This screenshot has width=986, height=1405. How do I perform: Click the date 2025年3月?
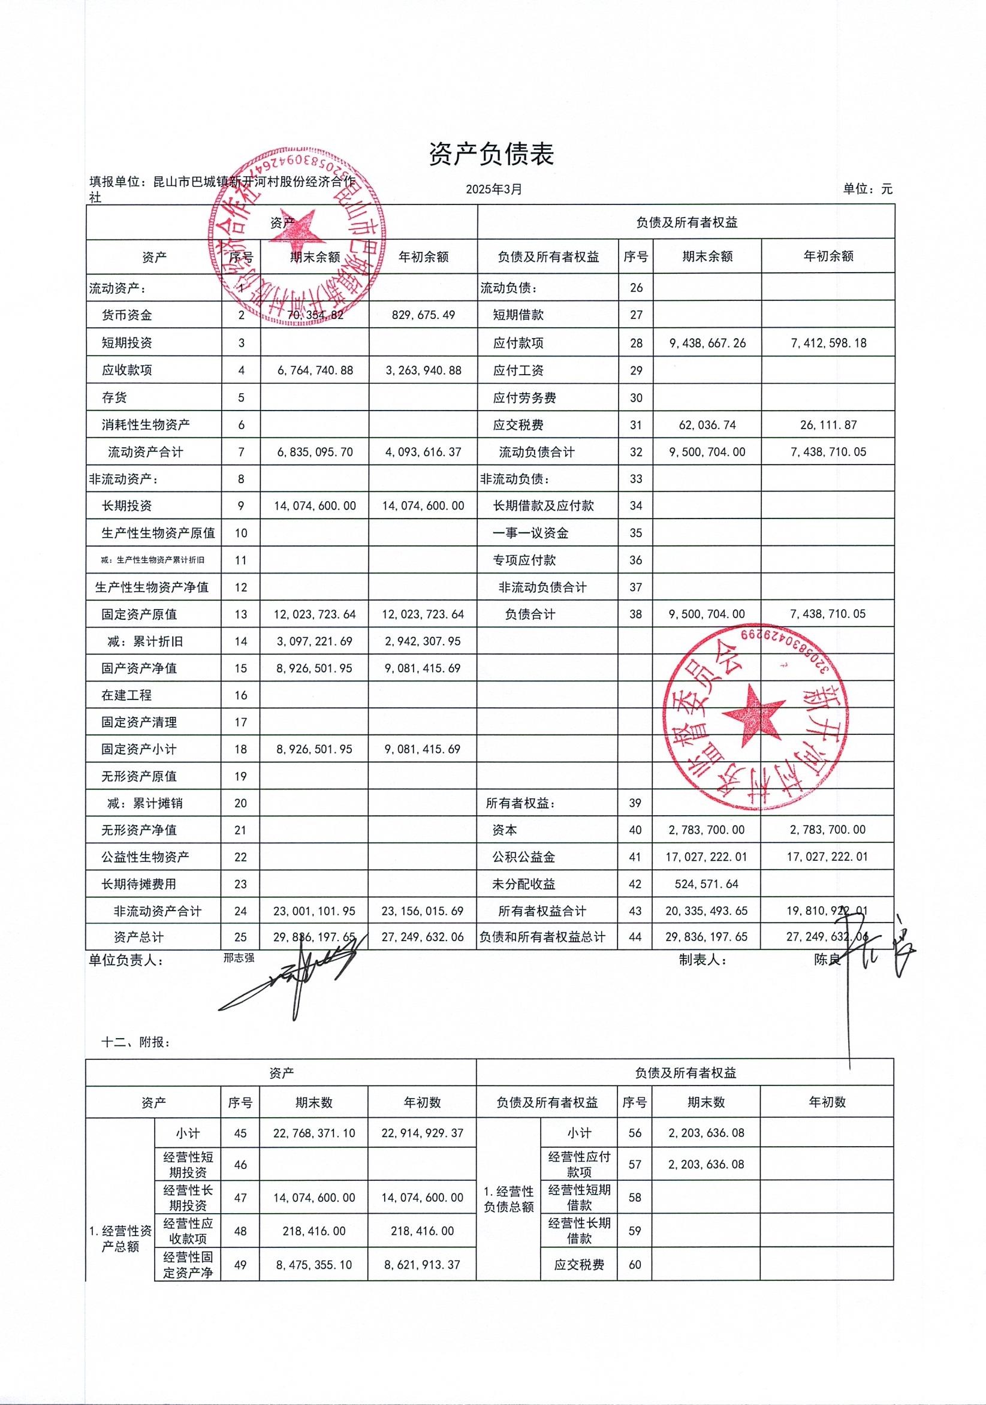click(494, 189)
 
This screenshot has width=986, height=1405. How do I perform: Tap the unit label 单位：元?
click(867, 189)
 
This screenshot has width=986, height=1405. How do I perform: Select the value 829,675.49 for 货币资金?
click(423, 315)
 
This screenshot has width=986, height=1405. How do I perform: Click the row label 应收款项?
click(126, 370)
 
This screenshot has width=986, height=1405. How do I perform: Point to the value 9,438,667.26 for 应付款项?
click(707, 343)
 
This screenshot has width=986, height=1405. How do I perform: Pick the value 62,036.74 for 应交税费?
click(707, 425)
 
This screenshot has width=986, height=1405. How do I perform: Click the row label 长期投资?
click(126, 506)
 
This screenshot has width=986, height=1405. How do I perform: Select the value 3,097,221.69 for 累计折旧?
click(315, 641)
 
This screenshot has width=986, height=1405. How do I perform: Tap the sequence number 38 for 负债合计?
click(635, 614)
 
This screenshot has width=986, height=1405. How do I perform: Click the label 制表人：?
click(702, 960)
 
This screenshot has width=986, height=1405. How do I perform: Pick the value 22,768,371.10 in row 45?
click(314, 1133)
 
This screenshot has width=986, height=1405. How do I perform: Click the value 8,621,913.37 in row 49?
click(423, 1265)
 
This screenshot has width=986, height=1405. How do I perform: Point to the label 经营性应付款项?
click(578, 1165)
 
